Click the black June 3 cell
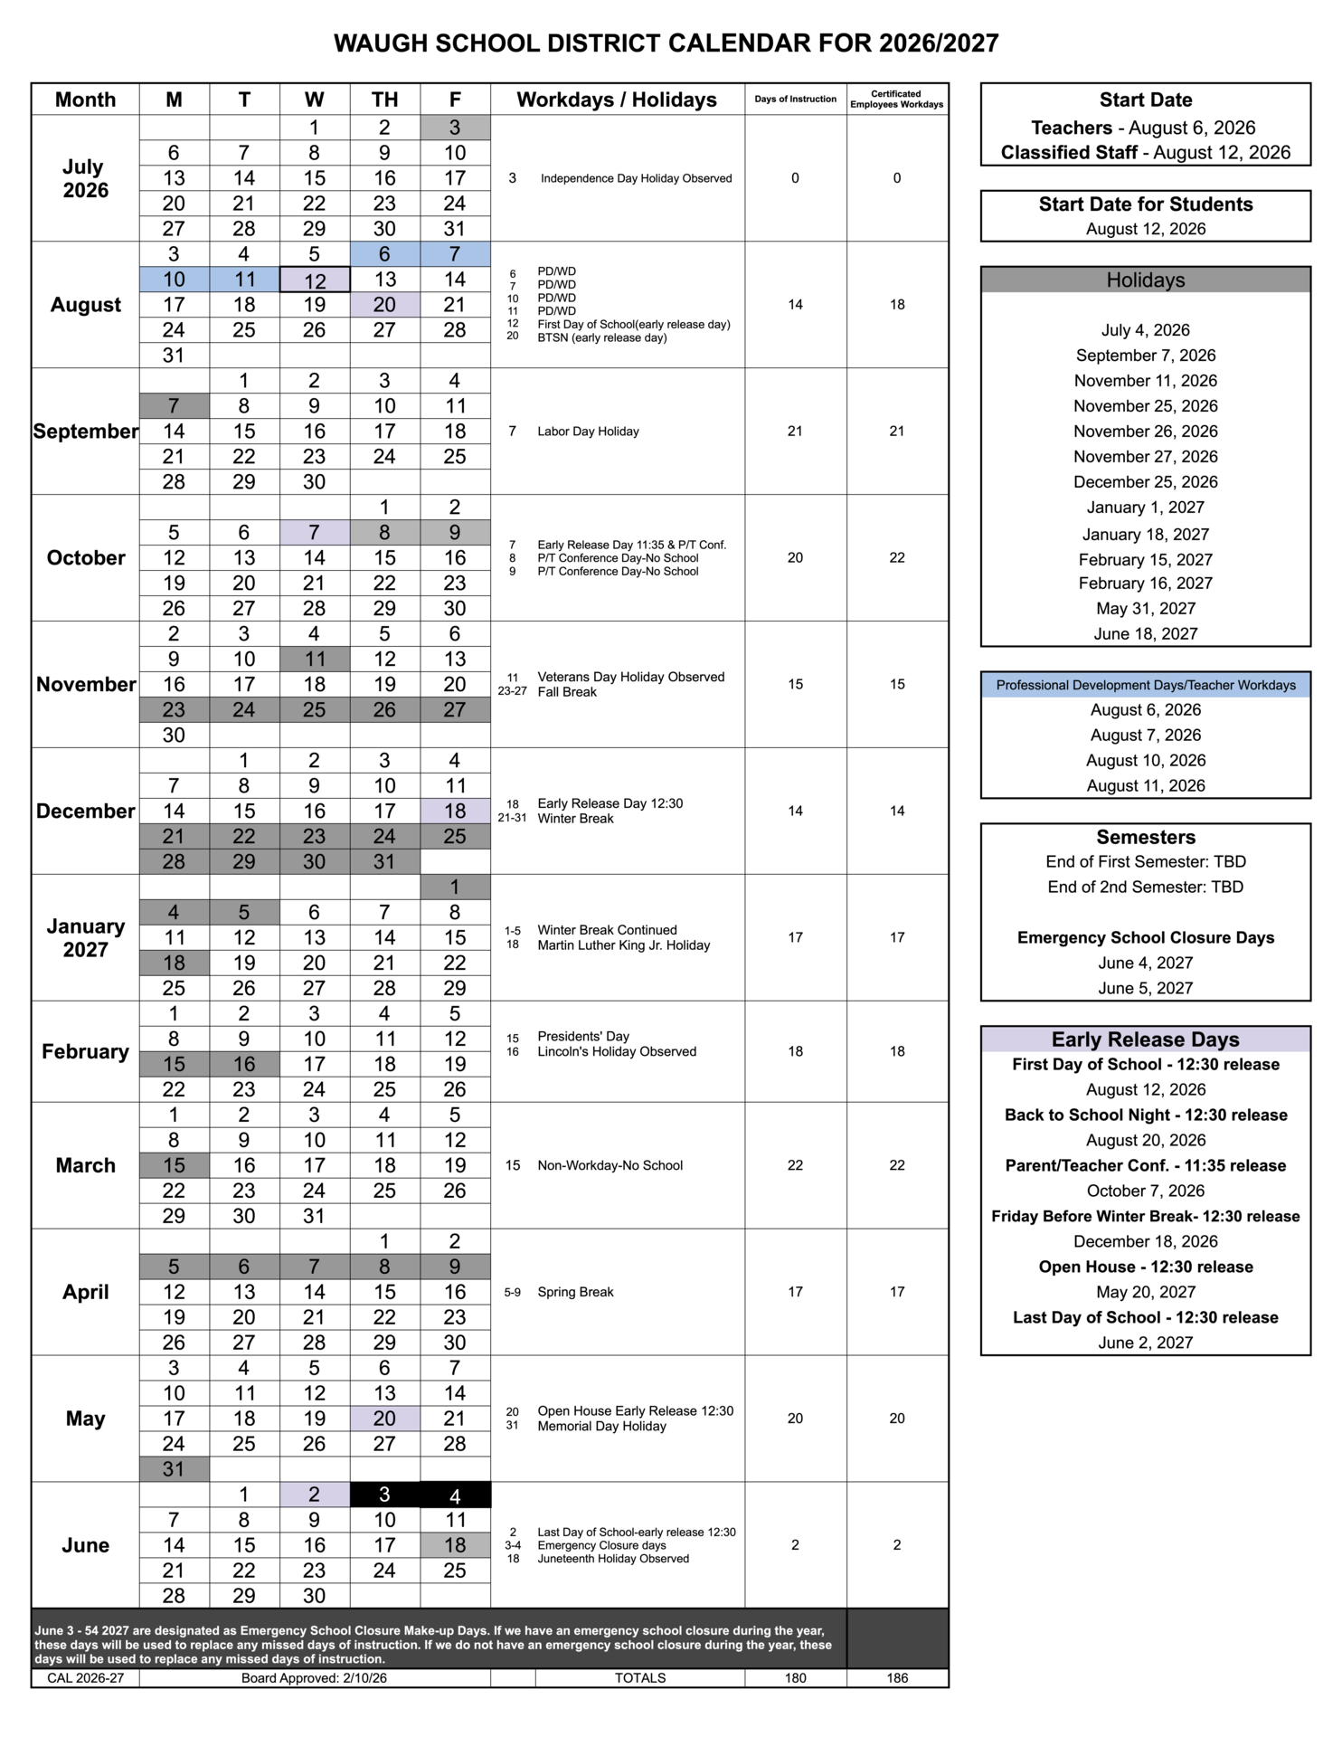[x=384, y=1495]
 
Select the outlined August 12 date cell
[x=315, y=280]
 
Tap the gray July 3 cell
[x=455, y=128]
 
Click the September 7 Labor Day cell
[x=174, y=406]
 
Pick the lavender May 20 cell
[x=384, y=1419]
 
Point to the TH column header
[x=384, y=100]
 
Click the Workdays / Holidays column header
[x=617, y=100]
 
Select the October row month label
[x=85, y=558]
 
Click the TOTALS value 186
[x=897, y=1678]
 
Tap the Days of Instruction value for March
[x=795, y=1165]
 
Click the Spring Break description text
[x=575, y=1292]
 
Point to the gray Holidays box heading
[x=1145, y=280]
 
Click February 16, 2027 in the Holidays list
[x=1145, y=584]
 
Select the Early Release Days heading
[x=1145, y=1039]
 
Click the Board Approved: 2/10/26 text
[x=314, y=1678]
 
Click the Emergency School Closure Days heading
[x=1145, y=938]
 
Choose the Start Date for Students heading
[x=1145, y=204]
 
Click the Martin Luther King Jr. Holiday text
[x=623, y=945]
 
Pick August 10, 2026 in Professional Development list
[x=1145, y=761]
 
